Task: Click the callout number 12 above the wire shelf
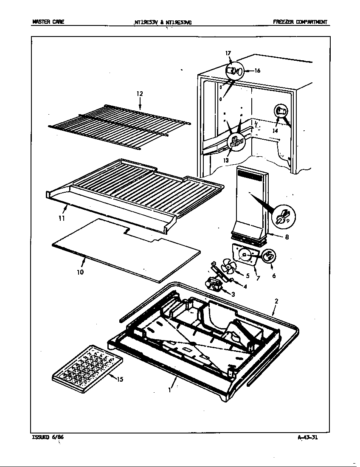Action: click(x=140, y=94)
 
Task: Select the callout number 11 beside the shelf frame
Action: click(x=62, y=219)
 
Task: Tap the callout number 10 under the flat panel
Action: click(x=80, y=272)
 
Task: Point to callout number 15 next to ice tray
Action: click(x=120, y=379)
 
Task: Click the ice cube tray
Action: click(x=87, y=365)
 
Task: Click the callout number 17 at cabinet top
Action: click(x=228, y=53)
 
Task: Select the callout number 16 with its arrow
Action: click(x=256, y=71)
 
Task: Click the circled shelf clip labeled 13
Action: click(x=237, y=142)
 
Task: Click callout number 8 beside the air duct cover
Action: click(x=287, y=237)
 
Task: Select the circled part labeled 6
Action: click(x=269, y=256)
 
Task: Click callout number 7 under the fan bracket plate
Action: click(x=258, y=278)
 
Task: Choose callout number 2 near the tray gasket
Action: click(x=276, y=301)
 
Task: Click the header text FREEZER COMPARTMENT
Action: click(x=300, y=22)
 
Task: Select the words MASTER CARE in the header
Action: click(x=48, y=22)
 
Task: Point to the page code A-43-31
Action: click(x=307, y=438)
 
